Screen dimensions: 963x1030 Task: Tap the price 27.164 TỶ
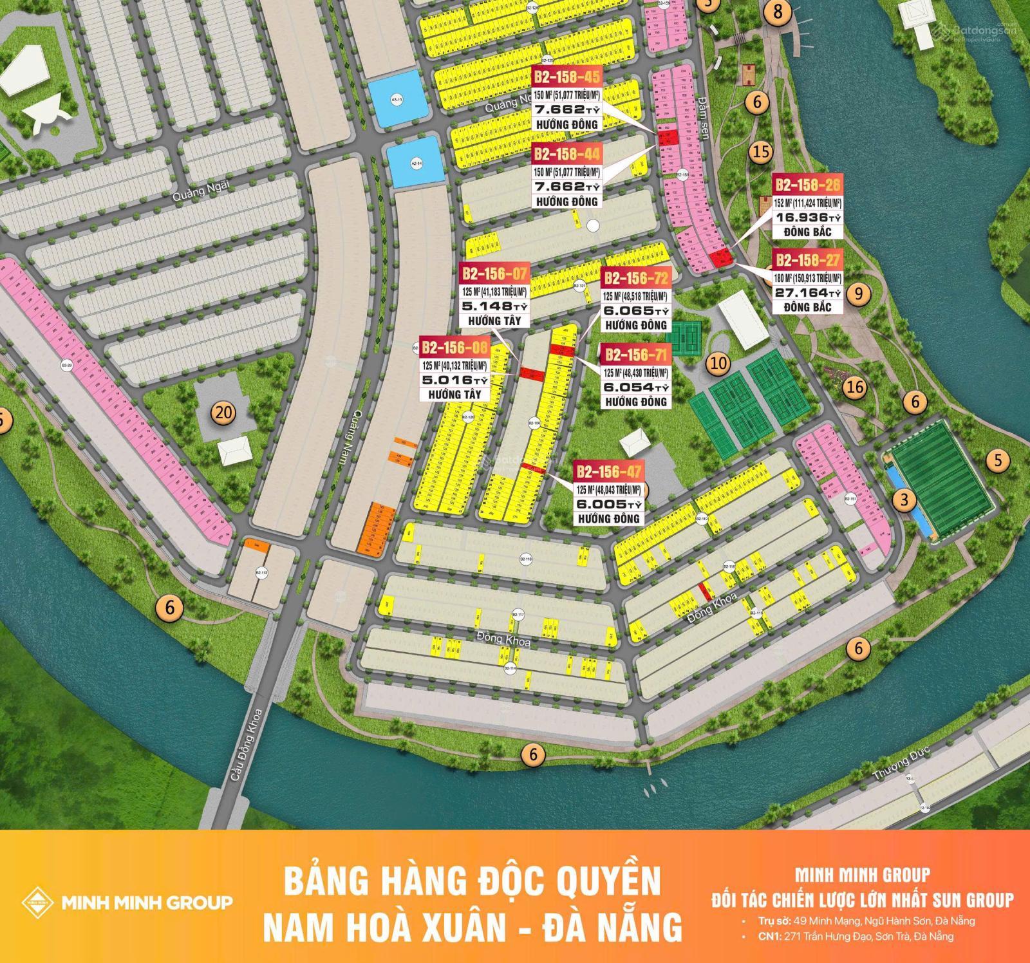tap(807, 293)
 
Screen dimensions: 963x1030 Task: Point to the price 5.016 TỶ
tap(453, 380)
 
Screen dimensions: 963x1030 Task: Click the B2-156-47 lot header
tap(609, 472)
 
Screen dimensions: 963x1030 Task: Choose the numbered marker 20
tap(223, 413)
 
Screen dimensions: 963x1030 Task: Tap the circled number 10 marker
tap(718, 363)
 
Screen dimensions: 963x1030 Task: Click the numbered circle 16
tap(856, 387)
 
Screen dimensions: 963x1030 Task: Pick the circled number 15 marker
tap(761, 153)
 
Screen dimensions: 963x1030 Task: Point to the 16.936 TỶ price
tap(807, 217)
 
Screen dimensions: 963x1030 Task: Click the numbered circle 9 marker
tap(859, 294)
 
